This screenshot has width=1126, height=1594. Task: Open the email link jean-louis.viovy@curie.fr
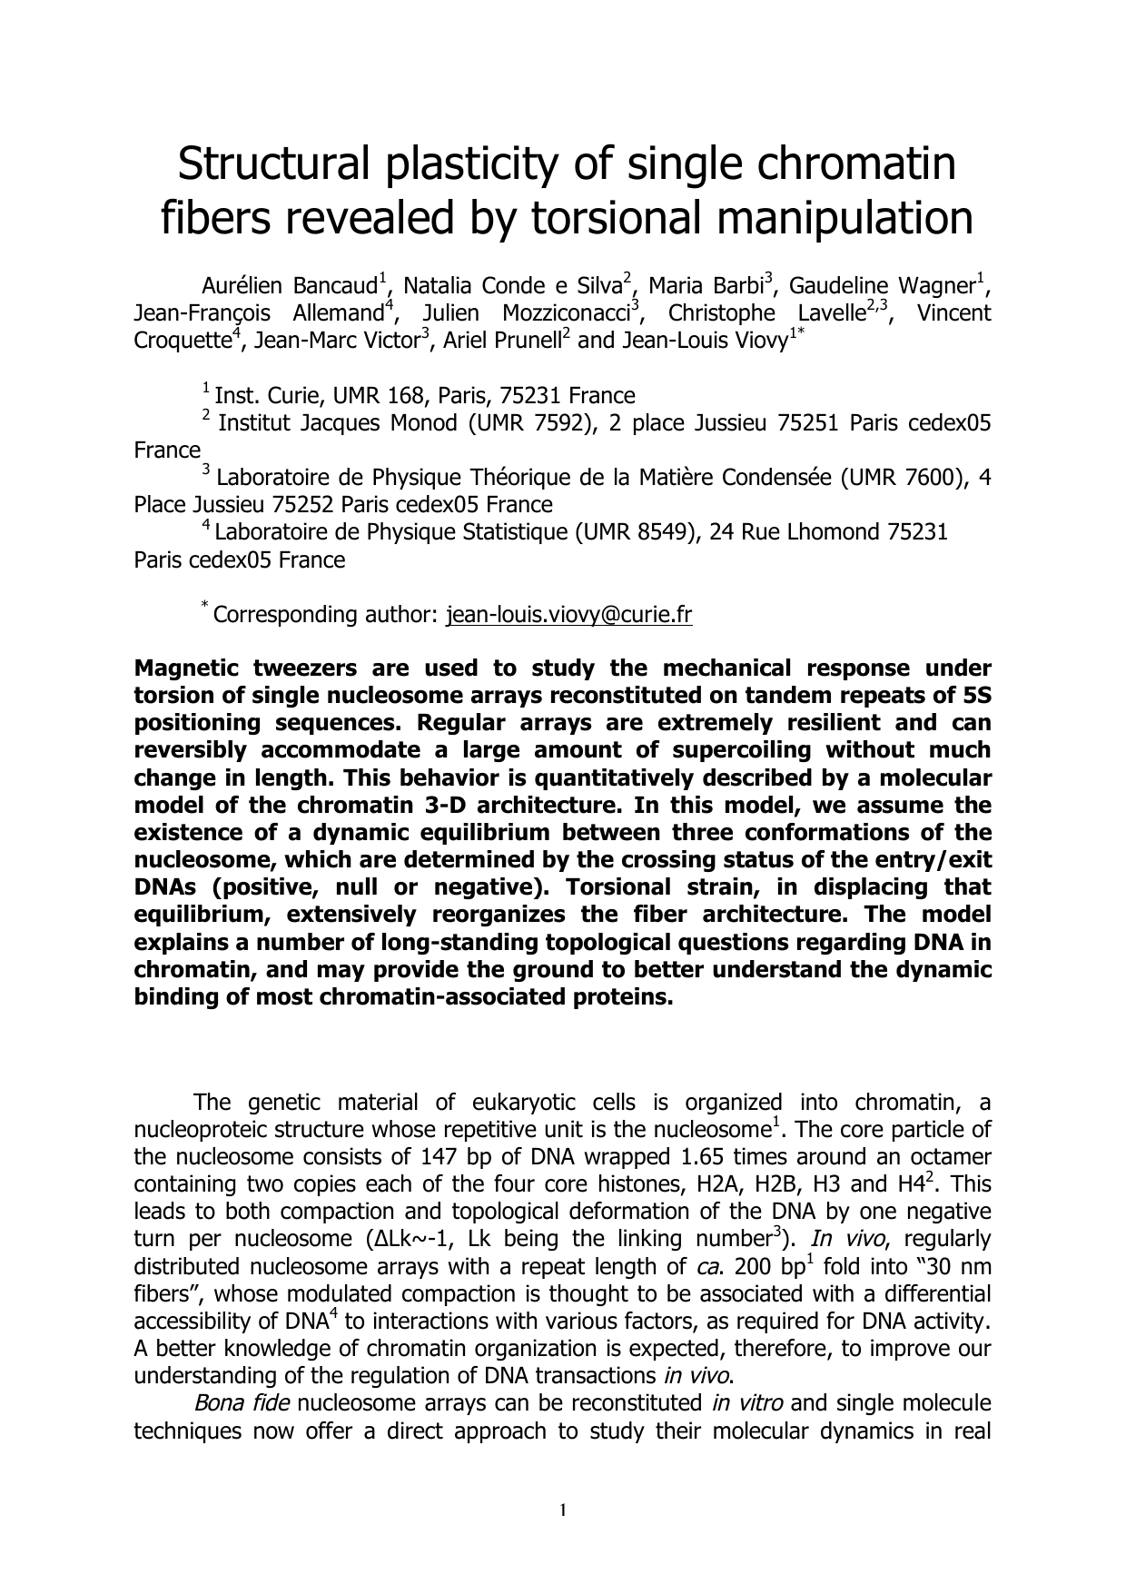569,615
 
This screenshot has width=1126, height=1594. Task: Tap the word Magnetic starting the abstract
187,668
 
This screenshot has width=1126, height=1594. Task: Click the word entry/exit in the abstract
939,859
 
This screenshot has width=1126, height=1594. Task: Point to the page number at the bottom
563,1511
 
